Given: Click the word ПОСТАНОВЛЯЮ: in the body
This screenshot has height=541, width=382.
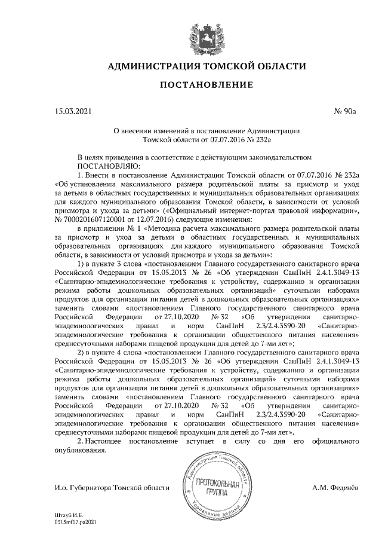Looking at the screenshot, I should coord(108,166).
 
